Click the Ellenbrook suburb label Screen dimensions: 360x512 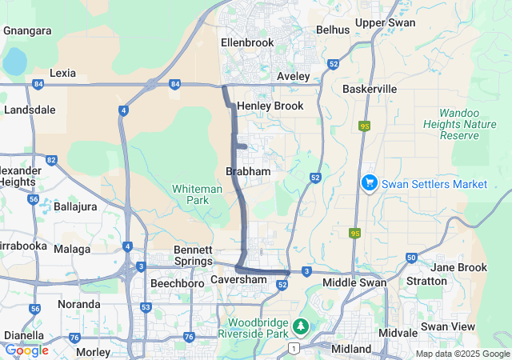[247, 42]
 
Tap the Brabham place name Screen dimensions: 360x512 [248, 171]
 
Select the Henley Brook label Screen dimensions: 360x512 [270, 106]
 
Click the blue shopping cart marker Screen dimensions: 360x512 [369, 183]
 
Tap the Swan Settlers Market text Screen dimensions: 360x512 [434, 184]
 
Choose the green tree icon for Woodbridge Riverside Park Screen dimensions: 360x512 [300, 326]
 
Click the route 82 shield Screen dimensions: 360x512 [51, 161]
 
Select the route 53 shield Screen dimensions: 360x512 [145, 307]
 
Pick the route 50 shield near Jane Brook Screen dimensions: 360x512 [411, 258]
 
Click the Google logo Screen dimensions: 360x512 [26, 350]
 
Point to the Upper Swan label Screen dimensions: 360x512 [386, 22]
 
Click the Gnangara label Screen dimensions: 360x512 [27, 30]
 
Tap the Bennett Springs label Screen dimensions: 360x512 [194, 256]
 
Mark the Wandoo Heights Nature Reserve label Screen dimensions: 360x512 [468, 124]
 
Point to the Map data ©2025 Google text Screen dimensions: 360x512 [462, 354]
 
